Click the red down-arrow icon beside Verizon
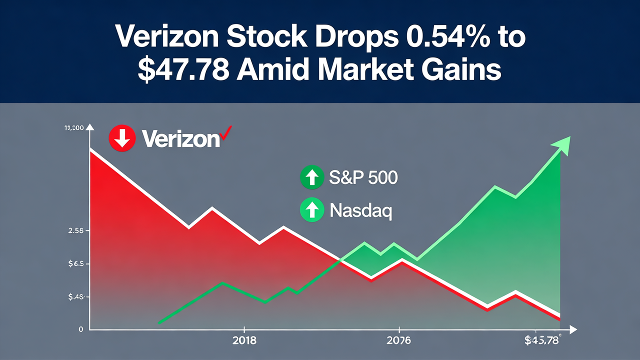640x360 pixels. coord(122,138)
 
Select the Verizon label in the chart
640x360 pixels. coord(180,139)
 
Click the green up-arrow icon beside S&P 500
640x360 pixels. coord(311,177)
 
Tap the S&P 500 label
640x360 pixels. coord(363,178)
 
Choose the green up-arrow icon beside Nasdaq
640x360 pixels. coord(311,209)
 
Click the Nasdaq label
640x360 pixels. coord(361,210)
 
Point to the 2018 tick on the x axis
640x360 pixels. coord(244,341)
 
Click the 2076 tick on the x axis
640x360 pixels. coord(398,341)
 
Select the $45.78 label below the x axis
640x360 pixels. coord(541,341)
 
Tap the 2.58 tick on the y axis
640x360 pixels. coord(75,231)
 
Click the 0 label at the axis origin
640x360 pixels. coord(80,329)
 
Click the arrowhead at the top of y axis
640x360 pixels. coord(90,128)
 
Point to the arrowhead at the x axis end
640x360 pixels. coord(573,329)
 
